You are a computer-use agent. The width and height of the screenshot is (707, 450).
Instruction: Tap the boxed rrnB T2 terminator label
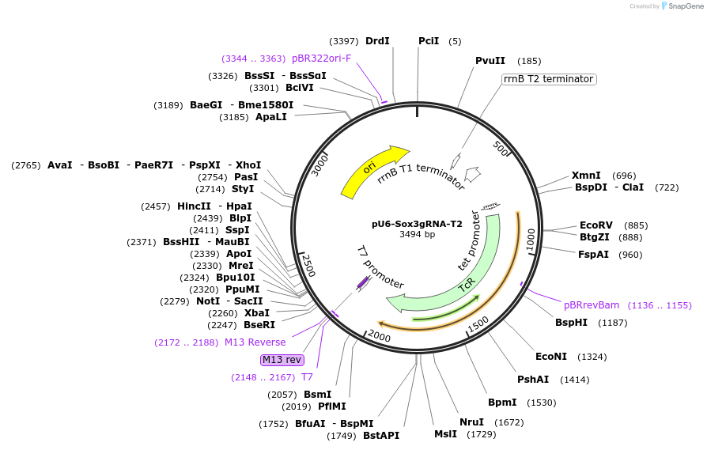[x=549, y=79]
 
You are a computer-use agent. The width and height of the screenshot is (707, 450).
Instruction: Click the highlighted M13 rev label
[x=282, y=360]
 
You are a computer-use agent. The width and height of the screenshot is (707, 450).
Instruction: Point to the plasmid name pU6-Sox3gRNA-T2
[x=417, y=224]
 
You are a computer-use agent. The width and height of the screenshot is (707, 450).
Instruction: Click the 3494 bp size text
[x=417, y=235]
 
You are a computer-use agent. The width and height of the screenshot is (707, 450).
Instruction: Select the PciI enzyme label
[x=429, y=41]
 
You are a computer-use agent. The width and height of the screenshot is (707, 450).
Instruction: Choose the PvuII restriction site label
[x=490, y=61]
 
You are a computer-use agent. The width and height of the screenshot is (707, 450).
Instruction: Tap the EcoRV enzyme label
[x=595, y=225]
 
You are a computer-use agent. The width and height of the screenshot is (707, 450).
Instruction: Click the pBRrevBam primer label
[x=592, y=305]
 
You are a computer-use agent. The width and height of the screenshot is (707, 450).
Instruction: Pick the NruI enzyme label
[x=471, y=422]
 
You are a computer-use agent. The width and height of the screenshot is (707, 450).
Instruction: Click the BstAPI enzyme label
[x=381, y=436]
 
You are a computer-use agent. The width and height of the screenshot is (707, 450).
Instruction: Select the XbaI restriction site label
[x=256, y=313]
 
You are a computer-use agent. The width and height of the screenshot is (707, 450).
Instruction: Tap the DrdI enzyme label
[x=377, y=41]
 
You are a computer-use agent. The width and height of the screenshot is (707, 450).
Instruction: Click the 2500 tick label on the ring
[x=308, y=266]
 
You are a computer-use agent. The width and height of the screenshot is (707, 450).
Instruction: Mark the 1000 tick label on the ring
[x=531, y=239]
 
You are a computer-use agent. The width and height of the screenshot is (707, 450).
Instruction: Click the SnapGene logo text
[x=686, y=6]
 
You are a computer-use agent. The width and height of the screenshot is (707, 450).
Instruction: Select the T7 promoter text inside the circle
[x=380, y=267]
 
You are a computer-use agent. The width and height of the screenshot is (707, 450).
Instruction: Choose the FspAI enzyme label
[x=594, y=255]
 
